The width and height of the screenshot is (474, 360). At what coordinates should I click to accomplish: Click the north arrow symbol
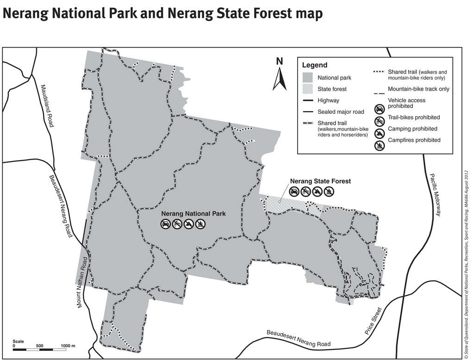coord(279,79)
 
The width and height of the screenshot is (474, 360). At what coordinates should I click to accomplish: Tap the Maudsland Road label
coord(47,106)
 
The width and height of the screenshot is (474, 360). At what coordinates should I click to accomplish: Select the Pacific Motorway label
coord(435,195)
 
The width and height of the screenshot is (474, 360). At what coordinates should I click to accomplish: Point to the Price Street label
coord(373,321)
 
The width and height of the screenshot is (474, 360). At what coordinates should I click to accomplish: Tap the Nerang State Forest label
coord(320,181)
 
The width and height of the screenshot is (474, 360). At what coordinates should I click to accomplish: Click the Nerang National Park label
coord(193,214)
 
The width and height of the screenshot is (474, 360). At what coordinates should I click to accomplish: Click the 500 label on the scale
coord(39,346)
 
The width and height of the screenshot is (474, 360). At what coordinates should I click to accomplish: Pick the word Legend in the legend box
coord(315,65)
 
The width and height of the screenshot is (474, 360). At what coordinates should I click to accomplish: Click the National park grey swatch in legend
coord(308,78)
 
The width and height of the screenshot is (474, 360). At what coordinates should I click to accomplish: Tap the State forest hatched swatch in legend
coord(308,89)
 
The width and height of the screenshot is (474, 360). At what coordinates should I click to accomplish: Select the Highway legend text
coord(328,100)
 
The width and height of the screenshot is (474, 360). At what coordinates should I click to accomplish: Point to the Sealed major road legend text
coord(341,112)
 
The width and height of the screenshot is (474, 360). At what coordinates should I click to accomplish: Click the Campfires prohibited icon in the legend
coord(379,146)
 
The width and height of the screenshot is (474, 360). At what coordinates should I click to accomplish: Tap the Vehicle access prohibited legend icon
coord(379,109)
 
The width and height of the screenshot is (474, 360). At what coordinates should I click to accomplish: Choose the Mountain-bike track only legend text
coord(418,89)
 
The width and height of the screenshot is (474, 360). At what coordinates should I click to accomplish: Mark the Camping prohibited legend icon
coord(379,134)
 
